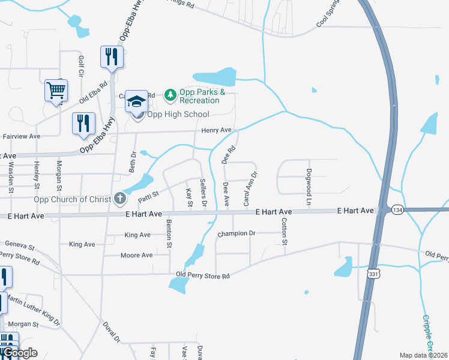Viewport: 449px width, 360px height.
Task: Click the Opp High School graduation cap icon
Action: point(136,101)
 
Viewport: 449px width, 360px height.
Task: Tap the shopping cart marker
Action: point(56,91)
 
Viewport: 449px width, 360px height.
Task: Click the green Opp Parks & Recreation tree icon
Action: point(171,94)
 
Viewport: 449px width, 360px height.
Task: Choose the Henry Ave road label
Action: point(216,130)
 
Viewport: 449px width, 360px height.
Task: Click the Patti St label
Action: point(148,195)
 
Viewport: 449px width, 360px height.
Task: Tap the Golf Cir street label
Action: point(81,66)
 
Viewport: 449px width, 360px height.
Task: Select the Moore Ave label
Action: point(136,255)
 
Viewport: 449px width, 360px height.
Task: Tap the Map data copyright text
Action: point(424,355)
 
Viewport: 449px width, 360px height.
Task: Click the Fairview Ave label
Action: point(22,136)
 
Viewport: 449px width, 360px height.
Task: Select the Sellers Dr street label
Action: point(203,193)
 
